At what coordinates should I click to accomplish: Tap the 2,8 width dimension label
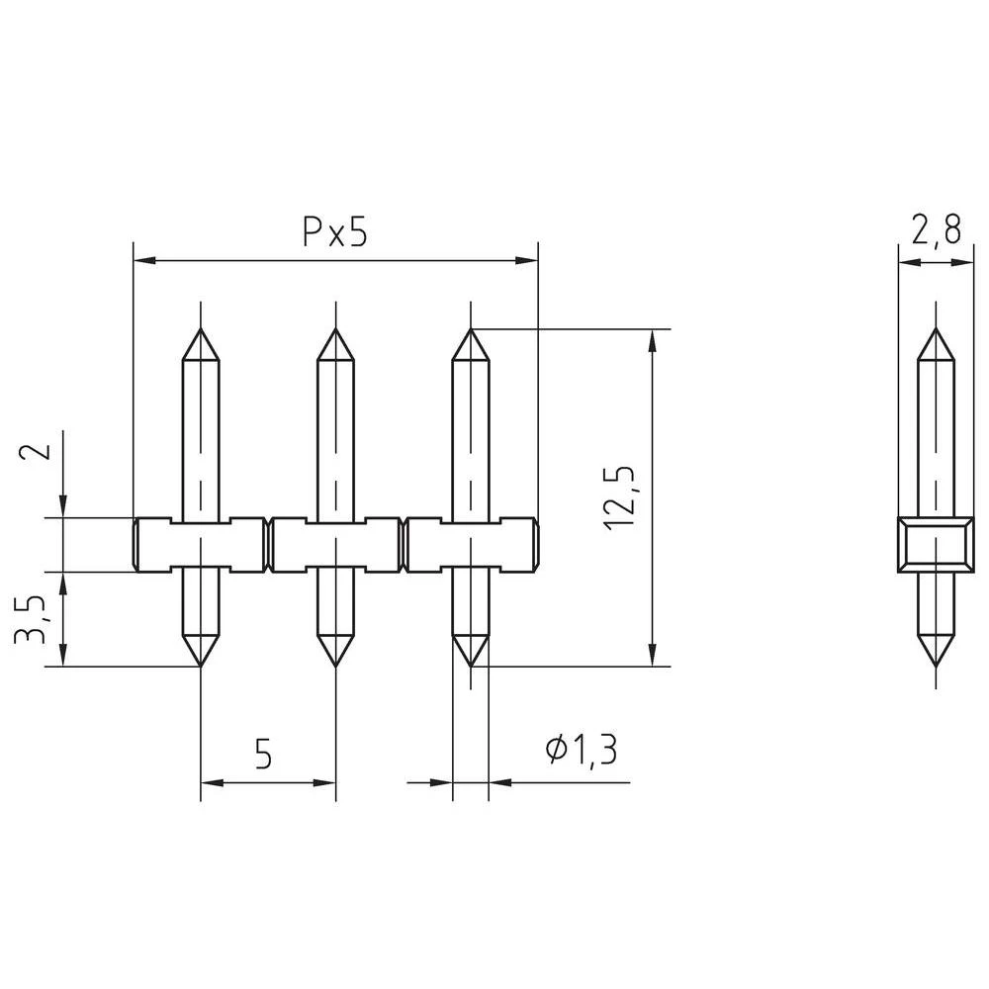point(936,230)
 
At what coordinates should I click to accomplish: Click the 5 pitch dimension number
point(263,754)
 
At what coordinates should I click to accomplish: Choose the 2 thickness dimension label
point(35,451)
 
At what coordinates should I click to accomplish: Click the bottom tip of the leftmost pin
point(201,665)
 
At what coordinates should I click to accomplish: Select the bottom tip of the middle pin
point(336,665)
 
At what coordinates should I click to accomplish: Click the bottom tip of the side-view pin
point(935,665)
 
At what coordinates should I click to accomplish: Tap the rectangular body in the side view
point(935,544)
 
